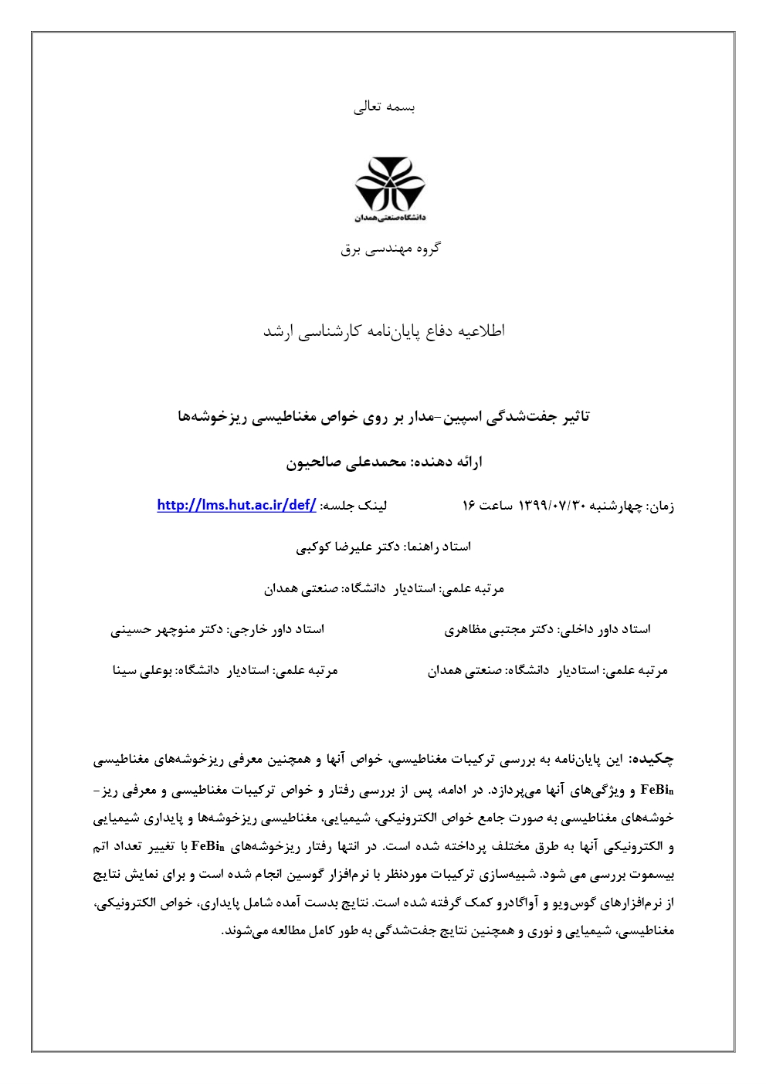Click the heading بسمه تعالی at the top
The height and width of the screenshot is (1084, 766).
[x=384, y=107]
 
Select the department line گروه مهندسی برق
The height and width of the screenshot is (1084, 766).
[x=390, y=249]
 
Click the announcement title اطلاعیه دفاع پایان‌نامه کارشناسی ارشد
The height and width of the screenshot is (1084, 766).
[x=384, y=331]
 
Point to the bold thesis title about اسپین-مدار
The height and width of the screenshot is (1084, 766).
[x=384, y=417]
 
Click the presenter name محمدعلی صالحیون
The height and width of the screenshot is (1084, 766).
[x=346, y=462]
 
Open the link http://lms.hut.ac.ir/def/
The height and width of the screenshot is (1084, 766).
[x=236, y=505]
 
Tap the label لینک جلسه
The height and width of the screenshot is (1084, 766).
[x=354, y=506]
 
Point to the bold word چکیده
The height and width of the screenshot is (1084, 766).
[x=652, y=760]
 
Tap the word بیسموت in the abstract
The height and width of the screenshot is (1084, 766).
[x=654, y=876]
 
